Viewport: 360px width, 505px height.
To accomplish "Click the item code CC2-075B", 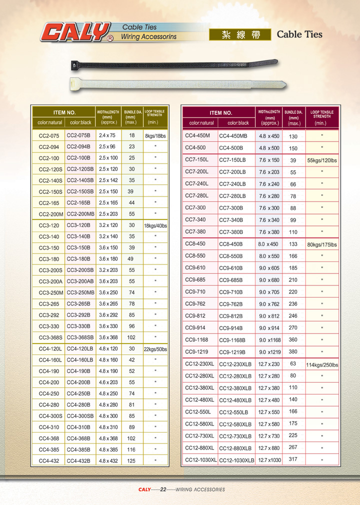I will pos(78,135).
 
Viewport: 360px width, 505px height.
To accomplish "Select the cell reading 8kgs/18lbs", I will pos(155,135).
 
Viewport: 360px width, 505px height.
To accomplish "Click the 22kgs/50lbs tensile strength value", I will pos(155,349).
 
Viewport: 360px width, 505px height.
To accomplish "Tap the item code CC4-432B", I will pos(78,460).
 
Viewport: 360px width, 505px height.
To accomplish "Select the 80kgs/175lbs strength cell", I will pos(322,244).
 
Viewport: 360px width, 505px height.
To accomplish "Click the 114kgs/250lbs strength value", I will pos(322,365).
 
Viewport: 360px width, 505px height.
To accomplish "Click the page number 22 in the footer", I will pos(163,489).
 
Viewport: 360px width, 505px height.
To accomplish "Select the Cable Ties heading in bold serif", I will pos(299,34).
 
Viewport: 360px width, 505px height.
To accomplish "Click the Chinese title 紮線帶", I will pos(241,34).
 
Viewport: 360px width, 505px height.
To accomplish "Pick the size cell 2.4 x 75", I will pos(107,135).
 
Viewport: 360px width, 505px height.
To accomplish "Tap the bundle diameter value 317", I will pos(293,459).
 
